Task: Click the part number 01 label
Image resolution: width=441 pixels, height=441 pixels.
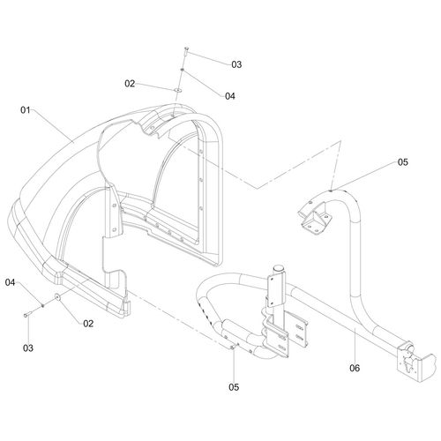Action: coord(25,110)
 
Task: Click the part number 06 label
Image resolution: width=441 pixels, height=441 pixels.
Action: coord(355,368)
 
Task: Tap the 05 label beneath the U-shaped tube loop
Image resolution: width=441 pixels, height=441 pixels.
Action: coord(234,387)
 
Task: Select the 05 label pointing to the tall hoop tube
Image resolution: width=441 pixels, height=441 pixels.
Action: coord(403,162)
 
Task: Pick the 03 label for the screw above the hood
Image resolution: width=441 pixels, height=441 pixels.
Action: coord(236,64)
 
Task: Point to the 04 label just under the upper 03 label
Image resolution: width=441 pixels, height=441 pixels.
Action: coord(230,96)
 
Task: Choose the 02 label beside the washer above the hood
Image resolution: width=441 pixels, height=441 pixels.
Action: coord(130,84)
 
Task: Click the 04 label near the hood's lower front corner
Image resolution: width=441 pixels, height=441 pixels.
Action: coord(10,282)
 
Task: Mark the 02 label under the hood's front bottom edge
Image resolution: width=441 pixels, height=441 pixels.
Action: coord(88,324)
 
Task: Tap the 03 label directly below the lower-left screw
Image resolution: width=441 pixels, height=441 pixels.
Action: coord(28,348)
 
